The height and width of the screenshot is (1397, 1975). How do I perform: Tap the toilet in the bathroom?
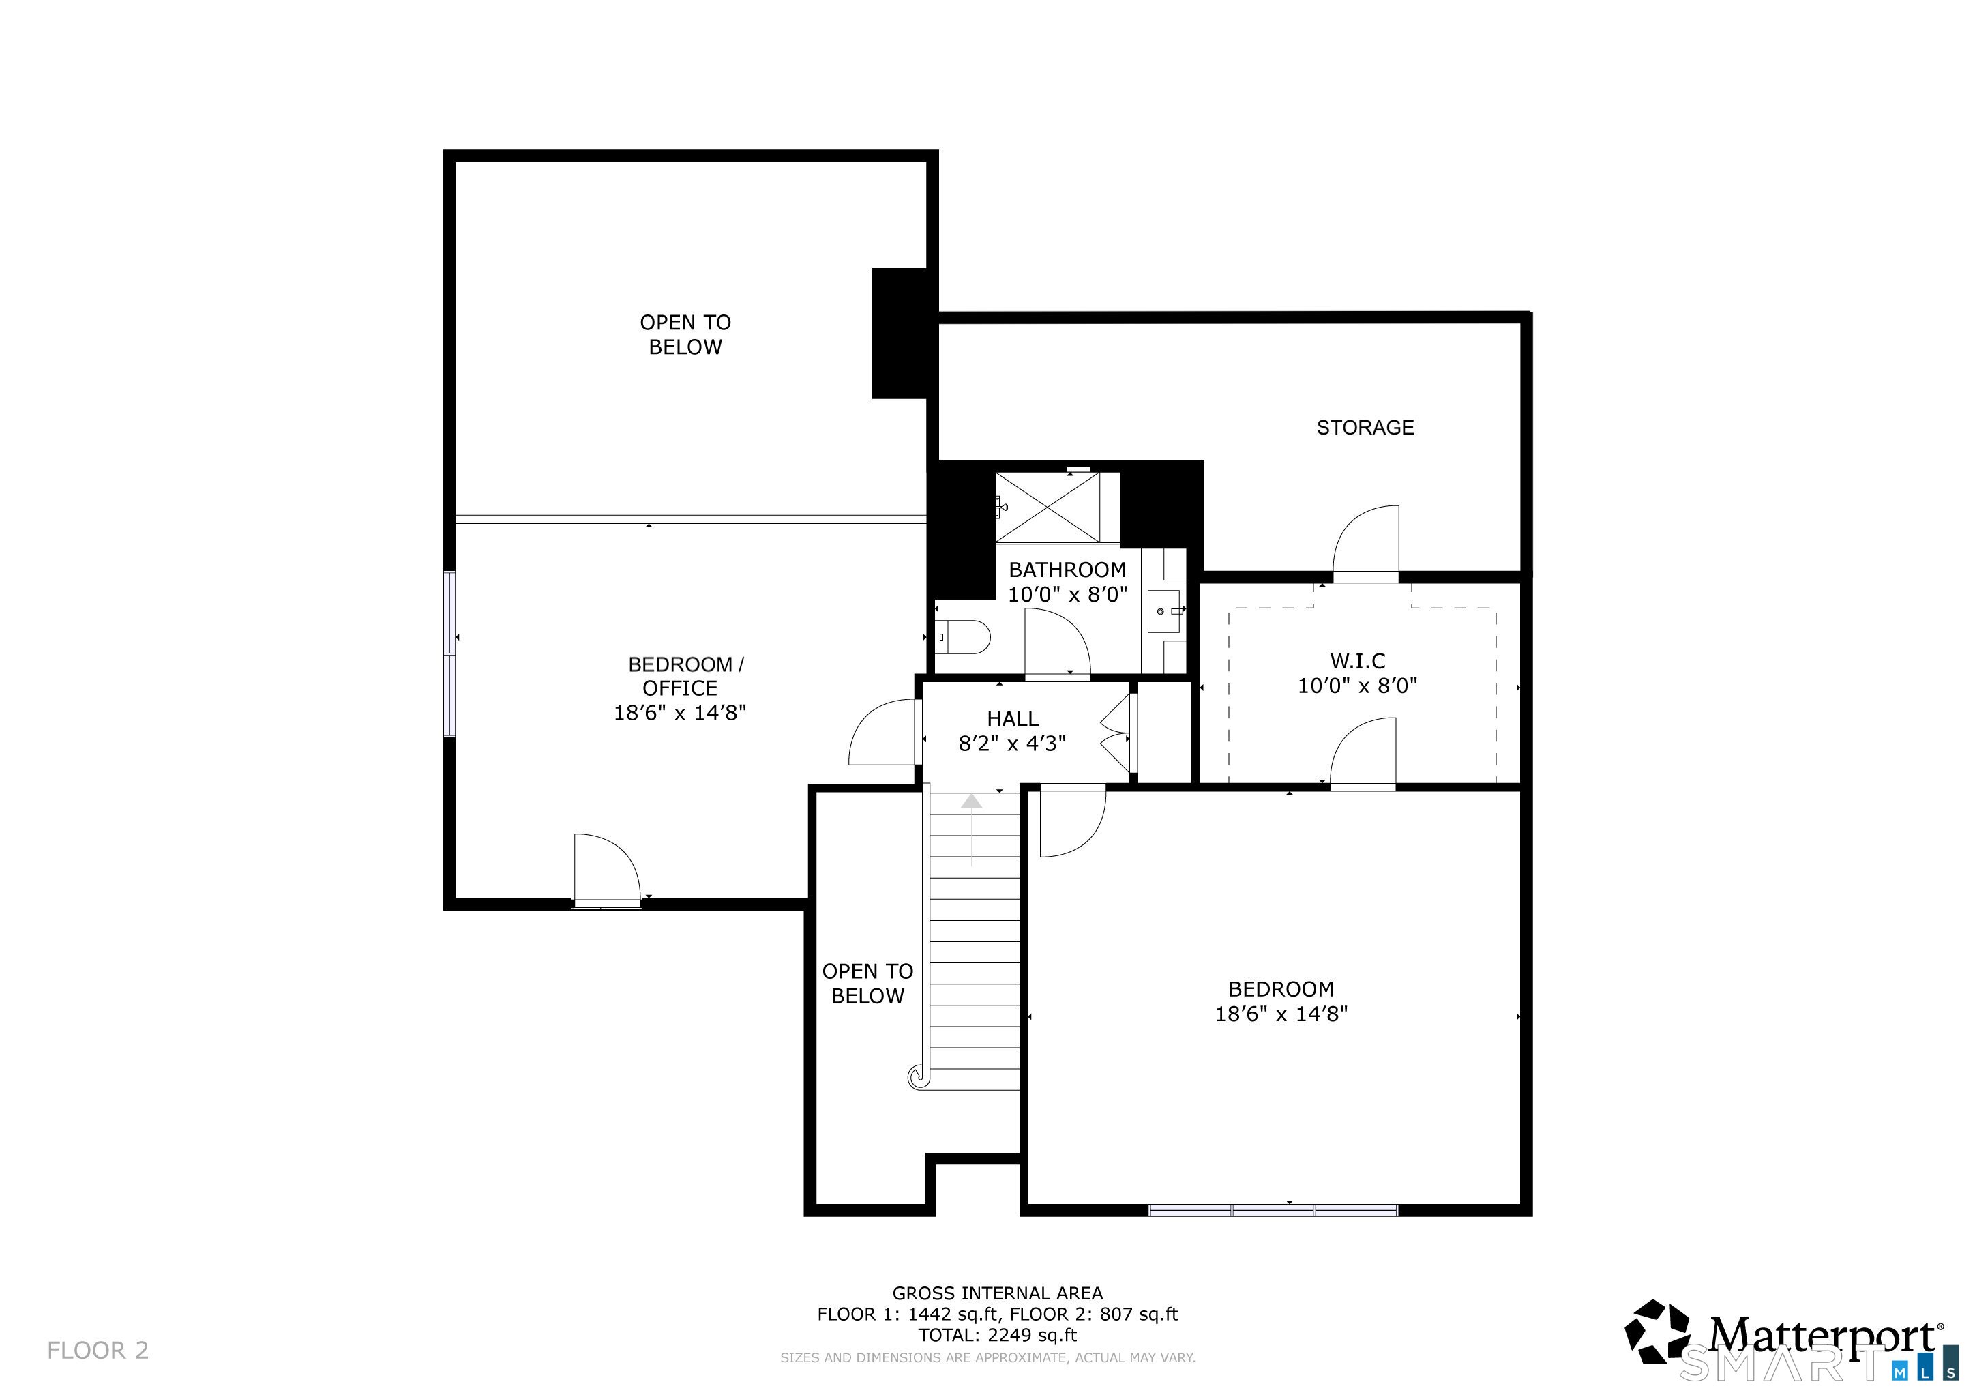964,636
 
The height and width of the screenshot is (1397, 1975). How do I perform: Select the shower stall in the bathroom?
1048,508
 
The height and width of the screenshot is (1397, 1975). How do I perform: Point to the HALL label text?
1013,718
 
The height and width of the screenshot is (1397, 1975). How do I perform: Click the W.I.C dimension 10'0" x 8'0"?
1356,686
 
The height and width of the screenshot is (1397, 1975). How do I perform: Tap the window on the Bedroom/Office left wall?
449,653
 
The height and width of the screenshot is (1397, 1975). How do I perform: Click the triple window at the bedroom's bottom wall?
1273,1209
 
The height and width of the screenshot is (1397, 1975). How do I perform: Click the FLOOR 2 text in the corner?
98,1350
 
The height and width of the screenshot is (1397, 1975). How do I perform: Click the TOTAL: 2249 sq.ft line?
997,1335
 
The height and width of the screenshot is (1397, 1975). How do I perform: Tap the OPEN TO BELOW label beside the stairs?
867,983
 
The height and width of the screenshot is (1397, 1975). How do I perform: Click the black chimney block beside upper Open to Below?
902,334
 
